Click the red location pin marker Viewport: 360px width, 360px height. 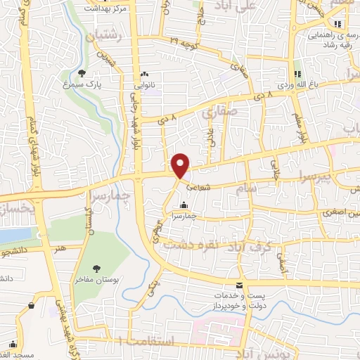(x=181, y=165)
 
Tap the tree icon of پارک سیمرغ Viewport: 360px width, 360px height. (x=82, y=72)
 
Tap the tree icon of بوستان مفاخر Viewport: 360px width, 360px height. (x=96, y=268)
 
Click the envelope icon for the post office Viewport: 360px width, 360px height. (x=240, y=285)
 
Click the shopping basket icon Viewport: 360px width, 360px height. (x=32, y=306)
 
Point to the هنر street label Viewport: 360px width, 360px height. (x=64, y=247)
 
